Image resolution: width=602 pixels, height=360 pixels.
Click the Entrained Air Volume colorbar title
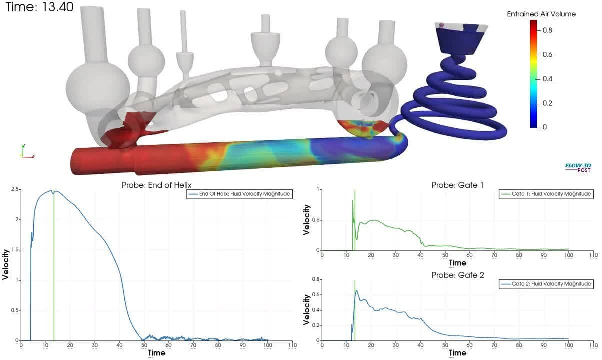click(x=541, y=14)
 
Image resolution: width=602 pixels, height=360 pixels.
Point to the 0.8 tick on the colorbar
click(x=547, y=30)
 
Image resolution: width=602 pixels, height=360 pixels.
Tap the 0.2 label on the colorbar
click(x=547, y=103)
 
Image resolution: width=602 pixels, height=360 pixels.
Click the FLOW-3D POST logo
click(x=577, y=167)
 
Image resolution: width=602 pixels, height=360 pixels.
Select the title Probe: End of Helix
click(x=156, y=185)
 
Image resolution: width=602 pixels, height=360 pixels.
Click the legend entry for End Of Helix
click(x=240, y=194)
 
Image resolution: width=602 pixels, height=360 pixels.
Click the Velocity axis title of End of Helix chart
click(x=6, y=265)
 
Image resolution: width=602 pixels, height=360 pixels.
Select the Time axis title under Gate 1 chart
click(x=457, y=263)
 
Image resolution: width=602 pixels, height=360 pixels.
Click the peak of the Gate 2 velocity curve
click(x=357, y=290)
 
